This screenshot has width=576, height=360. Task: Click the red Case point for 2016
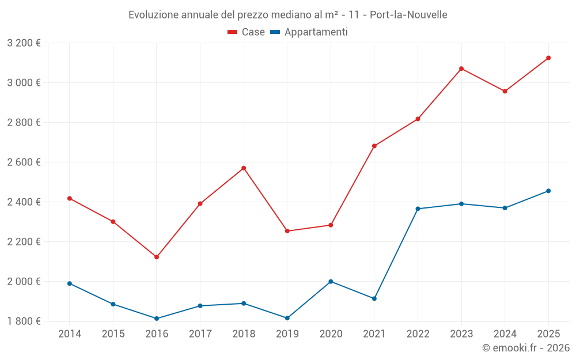pyautogui.click(x=157, y=257)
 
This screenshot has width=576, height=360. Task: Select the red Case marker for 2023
pyautogui.click(x=461, y=69)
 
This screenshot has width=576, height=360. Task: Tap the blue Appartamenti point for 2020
pyautogui.click(x=331, y=282)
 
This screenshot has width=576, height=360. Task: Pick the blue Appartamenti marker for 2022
pyautogui.click(x=418, y=209)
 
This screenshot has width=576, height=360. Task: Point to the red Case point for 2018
pyautogui.click(x=244, y=168)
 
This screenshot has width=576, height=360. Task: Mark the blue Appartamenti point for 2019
pyautogui.click(x=287, y=318)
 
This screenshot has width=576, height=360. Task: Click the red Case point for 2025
pyautogui.click(x=548, y=58)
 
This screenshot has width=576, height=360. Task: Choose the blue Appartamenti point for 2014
pyautogui.click(x=70, y=283)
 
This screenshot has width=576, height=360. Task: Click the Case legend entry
pyautogui.click(x=247, y=32)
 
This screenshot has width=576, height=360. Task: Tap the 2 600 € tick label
pyautogui.click(x=24, y=162)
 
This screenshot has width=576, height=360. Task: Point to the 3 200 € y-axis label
pyautogui.click(x=24, y=43)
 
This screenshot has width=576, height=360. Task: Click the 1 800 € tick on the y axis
pyautogui.click(x=24, y=321)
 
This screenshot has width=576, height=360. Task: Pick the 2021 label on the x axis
pyautogui.click(x=374, y=334)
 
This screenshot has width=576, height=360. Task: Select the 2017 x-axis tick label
pyautogui.click(x=200, y=334)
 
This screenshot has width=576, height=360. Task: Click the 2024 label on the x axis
pyautogui.click(x=505, y=334)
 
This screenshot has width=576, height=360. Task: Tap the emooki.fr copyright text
pyautogui.click(x=525, y=348)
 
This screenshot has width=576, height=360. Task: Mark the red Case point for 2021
pyautogui.click(x=374, y=146)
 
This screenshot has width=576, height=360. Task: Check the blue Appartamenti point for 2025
pyautogui.click(x=548, y=191)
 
